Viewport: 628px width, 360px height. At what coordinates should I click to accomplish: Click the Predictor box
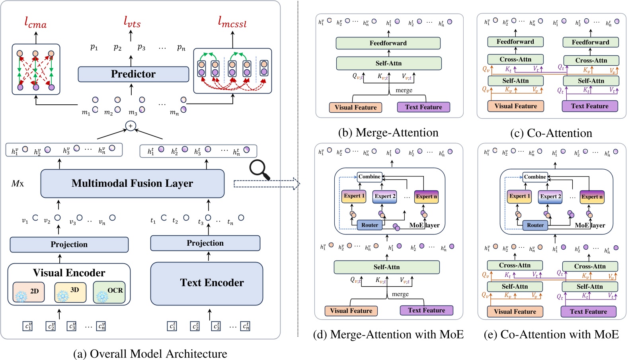[x=133, y=74]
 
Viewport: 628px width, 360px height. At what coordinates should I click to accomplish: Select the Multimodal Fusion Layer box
[x=132, y=183]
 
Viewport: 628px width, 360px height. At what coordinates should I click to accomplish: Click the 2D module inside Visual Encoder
[x=28, y=292]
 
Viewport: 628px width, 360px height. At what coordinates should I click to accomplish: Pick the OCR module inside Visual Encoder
[x=109, y=292]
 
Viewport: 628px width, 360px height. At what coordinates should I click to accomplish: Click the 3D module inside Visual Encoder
[x=70, y=292]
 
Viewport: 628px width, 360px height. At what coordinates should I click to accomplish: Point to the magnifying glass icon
[x=259, y=170]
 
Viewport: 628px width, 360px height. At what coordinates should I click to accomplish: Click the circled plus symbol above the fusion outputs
[x=131, y=126]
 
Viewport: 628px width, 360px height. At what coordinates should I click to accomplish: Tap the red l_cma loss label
[x=35, y=23]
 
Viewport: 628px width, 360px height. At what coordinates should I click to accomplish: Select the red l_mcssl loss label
[x=232, y=22]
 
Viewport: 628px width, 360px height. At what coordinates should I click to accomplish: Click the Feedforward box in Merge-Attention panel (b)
[x=388, y=43]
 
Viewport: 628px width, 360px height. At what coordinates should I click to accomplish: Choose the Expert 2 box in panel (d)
[x=385, y=196]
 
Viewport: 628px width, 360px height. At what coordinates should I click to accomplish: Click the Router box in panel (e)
[x=535, y=225]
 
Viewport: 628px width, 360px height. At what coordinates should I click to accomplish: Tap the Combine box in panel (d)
[x=369, y=176]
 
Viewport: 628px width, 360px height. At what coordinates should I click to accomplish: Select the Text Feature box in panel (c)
[x=589, y=106]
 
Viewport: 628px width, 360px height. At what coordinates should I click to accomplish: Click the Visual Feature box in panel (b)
[x=355, y=107]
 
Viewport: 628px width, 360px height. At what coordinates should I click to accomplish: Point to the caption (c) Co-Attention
[x=551, y=133]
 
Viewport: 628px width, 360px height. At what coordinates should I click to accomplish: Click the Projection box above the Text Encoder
[x=205, y=243]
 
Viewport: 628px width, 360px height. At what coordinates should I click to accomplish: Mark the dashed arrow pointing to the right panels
[x=266, y=184]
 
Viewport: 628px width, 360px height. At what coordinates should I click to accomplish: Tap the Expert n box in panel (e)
[x=592, y=197]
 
